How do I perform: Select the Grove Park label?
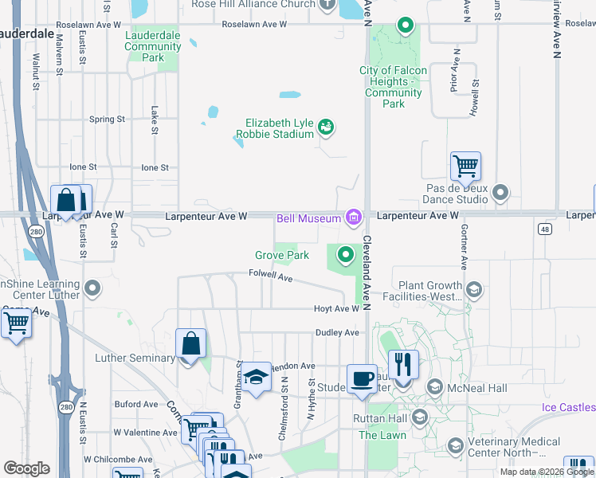point(281,256)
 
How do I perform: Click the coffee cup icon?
point(361,378)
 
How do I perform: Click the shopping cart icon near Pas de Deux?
point(465,167)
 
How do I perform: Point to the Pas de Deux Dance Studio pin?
point(500,192)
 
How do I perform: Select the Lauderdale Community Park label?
point(153,47)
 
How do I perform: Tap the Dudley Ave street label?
point(338,332)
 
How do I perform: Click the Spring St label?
point(107,119)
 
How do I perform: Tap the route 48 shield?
point(545,229)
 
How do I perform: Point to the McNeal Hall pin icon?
point(435,388)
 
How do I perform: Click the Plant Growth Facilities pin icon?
point(474,289)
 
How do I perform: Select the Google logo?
point(26,468)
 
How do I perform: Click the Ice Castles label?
point(568,408)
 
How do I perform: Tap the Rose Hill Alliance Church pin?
point(327,5)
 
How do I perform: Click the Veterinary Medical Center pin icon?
point(456,445)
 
